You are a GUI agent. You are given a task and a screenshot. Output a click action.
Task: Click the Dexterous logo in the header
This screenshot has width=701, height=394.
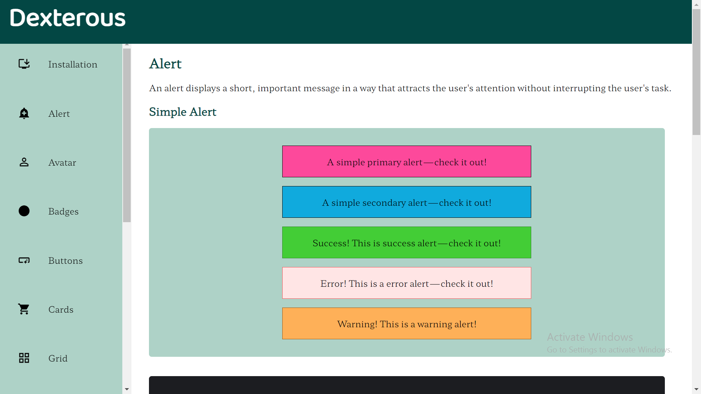coord(68,18)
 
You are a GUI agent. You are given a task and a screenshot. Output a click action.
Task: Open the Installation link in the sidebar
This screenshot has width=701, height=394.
coord(73,65)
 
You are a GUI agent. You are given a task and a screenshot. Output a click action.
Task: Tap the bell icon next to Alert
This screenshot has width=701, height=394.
coord(24,113)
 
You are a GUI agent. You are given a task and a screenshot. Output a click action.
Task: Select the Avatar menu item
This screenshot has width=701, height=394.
coord(62,163)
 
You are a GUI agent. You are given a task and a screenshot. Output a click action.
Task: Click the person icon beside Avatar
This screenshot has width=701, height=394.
coord(24,162)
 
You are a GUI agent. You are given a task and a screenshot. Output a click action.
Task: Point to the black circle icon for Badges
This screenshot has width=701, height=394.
coord(24,211)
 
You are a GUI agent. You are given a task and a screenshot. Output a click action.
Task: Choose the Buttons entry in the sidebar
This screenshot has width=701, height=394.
coord(65,261)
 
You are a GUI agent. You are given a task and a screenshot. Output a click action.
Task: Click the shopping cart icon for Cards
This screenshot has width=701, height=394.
coord(24,309)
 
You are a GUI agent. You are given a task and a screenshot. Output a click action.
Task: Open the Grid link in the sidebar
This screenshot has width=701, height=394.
coord(58,359)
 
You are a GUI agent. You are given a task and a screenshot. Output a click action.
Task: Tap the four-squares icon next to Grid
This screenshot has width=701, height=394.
coord(24,358)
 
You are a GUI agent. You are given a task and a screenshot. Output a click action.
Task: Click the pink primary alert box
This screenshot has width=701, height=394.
coord(406,162)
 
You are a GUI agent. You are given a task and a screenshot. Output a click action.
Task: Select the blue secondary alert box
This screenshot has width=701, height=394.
coord(406,202)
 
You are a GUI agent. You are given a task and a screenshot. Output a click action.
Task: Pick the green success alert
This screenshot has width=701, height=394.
coord(406,243)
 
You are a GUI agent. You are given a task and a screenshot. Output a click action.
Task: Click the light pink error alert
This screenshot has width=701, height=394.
coord(406,283)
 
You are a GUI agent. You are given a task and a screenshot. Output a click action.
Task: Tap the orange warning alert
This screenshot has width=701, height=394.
coord(406,324)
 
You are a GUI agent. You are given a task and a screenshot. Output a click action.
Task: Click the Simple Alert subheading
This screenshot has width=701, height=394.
coord(183,112)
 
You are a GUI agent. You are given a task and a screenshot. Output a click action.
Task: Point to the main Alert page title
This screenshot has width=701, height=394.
coord(165,64)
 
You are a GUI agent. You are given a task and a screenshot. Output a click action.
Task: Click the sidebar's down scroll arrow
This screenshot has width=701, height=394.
coord(127,389)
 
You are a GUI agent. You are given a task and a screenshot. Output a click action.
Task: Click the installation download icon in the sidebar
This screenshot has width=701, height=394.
coord(24,64)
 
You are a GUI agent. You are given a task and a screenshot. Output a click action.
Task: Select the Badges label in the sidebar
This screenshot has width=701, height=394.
coord(63,212)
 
